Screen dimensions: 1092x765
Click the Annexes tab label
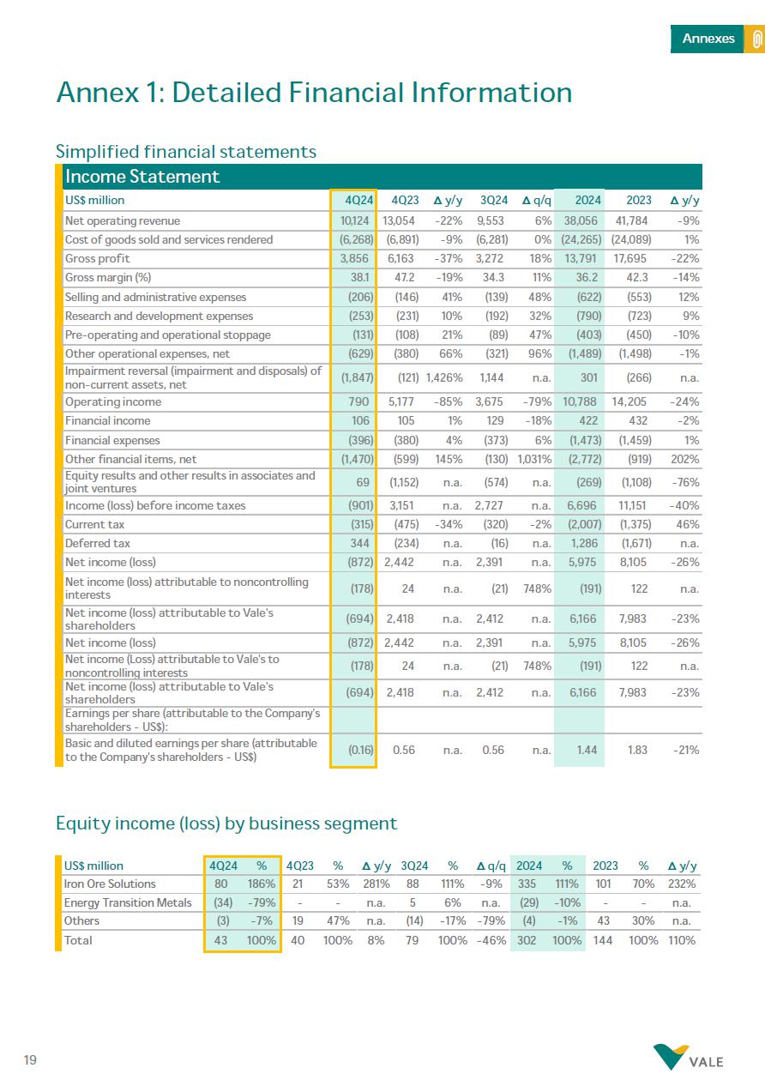pyautogui.click(x=708, y=39)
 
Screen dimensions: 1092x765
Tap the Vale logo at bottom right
pyautogui.click(x=688, y=1058)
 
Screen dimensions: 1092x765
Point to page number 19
pyautogui.click(x=30, y=1061)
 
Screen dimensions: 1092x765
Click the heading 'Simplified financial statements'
pyautogui.click(x=186, y=152)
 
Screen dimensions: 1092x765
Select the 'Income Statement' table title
pyautogui.click(x=142, y=177)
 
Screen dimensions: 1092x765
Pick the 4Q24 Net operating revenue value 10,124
pyautogui.click(x=354, y=221)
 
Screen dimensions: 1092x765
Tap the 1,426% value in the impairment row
pyautogui.click(x=444, y=377)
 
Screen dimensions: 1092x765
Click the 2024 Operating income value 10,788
pyautogui.click(x=581, y=401)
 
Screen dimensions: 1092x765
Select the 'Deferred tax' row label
pyautogui.click(x=95, y=543)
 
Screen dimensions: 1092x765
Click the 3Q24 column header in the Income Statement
pyautogui.click(x=493, y=201)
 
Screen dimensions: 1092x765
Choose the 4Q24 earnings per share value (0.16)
pyautogui.click(x=359, y=749)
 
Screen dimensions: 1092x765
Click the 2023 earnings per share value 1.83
pyautogui.click(x=638, y=749)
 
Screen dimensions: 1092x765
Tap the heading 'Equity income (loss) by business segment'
pyautogui.click(x=226, y=824)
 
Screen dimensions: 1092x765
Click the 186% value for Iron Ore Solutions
pyautogui.click(x=262, y=884)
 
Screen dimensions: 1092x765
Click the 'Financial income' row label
pyautogui.click(x=107, y=420)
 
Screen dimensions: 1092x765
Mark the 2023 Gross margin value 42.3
pyautogui.click(x=638, y=278)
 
